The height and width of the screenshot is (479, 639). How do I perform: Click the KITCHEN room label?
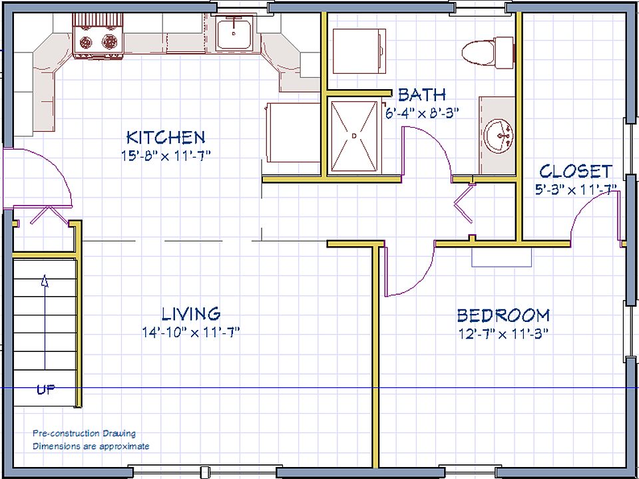pyautogui.click(x=166, y=137)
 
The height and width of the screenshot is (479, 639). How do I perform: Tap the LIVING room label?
pyautogui.click(x=191, y=314)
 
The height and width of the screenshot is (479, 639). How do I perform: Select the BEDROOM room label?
pyautogui.click(x=503, y=315)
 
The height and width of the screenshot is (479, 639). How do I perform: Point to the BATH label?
pyautogui.click(x=422, y=94)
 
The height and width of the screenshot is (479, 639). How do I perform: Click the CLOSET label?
pyautogui.click(x=576, y=172)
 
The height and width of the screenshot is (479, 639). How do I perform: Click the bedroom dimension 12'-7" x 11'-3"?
pyautogui.click(x=502, y=335)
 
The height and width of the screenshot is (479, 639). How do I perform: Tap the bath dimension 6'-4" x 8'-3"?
pyautogui.click(x=422, y=113)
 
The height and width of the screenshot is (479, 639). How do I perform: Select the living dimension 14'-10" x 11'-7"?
pyautogui.click(x=191, y=333)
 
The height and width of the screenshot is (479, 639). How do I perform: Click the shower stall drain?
pyautogui.click(x=353, y=135)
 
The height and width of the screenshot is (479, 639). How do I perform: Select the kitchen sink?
pyautogui.click(x=234, y=33)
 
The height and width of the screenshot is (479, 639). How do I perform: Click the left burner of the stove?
pyautogui.click(x=86, y=41)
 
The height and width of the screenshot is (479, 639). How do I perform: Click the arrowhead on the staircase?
pyautogui.click(x=45, y=281)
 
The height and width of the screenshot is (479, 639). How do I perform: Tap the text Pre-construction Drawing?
pyautogui.click(x=84, y=433)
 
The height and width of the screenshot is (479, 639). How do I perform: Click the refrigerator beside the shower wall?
pyautogui.click(x=293, y=132)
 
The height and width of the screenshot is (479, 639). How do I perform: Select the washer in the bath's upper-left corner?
pyautogui.click(x=359, y=51)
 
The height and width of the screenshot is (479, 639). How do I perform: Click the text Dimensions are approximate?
pyautogui.click(x=91, y=446)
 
